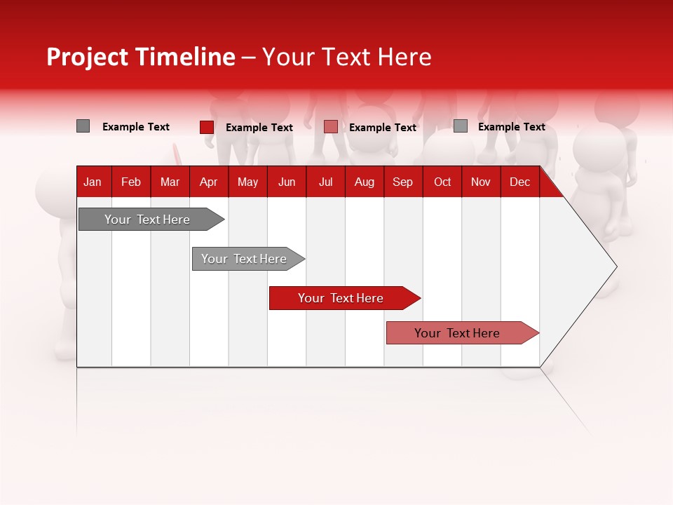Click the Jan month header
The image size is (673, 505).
pyautogui.click(x=93, y=182)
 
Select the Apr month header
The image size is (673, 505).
pyautogui.click(x=208, y=182)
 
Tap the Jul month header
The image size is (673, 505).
pyautogui.click(x=325, y=182)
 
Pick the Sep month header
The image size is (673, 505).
pyautogui.click(x=402, y=182)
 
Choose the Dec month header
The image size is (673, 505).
pyautogui.click(x=519, y=182)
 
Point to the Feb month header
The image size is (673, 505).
pyautogui.click(x=131, y=182)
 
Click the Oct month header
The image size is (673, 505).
pyautogui.click(x=442, y=182)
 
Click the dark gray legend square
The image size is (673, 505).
pyautogui.click(x=83, y=126)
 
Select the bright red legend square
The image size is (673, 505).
pyautogui.click(x=207, y=127)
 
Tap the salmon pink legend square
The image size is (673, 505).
pyautogui.click(x=331, y=127)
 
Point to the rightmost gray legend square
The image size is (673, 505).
pyautogui.click(x=461, y=126)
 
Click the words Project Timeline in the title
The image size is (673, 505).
pyautogui.click(x=141, y=57)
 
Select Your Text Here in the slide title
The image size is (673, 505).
pyautogui.click(x=346, y=57)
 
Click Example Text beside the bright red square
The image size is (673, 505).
pyautogui.click(x=259, y=128)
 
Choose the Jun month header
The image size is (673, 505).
pyautogui.click(x=287, y=182)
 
